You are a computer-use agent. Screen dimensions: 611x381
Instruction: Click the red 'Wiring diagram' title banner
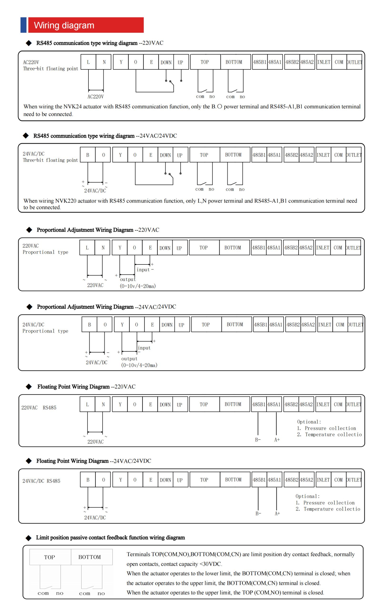[x=86, y=25]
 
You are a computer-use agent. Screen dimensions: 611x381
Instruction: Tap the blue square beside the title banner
[x=23, y=25]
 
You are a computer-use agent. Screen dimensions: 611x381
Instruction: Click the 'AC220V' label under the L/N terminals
[x=96, y=97]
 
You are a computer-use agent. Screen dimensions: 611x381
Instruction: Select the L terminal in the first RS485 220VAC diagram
[x=88, y=62]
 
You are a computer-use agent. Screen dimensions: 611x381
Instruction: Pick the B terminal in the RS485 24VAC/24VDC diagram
[x=88, y=155]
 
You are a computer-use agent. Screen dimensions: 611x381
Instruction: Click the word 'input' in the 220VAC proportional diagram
[x=143, y=270]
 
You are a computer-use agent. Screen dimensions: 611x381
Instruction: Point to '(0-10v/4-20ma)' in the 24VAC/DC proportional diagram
[x=139, y=365]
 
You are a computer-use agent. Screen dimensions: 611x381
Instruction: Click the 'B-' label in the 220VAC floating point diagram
[x=258, y=440]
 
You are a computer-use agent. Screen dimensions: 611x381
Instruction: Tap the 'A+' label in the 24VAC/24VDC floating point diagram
[x=277, y=514]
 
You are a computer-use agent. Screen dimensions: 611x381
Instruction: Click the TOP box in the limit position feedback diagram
[x=50, y=557]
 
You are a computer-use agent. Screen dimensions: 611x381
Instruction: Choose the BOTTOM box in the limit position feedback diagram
[x=89, y=557]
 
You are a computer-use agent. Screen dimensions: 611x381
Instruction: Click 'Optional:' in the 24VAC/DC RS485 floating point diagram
[x=307, y=496]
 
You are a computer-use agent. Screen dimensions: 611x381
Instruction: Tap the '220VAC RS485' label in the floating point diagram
[x=39, y=408]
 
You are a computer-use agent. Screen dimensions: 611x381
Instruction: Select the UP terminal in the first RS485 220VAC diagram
[x=180, y=62]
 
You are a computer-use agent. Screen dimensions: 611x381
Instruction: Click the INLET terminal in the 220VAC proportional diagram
[x=323, y=248]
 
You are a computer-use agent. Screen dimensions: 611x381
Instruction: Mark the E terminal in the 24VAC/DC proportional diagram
[x=152, y=325]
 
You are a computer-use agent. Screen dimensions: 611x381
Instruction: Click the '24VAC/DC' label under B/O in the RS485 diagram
[x=95, y=191]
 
